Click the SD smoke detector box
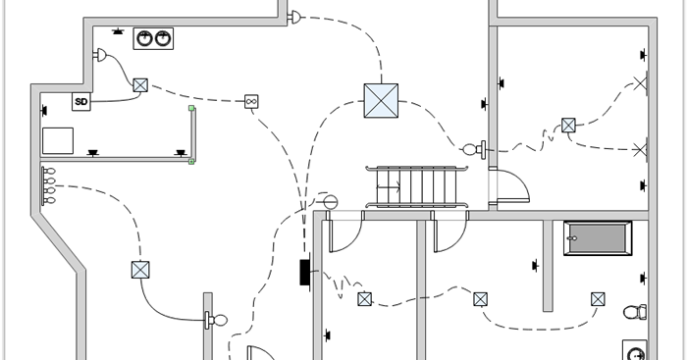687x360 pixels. [x=81, y=101]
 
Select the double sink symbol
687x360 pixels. [x=153, y=39]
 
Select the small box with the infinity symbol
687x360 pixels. [x=250, y=101]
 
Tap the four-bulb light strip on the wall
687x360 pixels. [x=46, y=185]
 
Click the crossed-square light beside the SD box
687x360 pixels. [x=140, y=85]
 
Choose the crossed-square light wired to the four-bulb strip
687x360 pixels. [x=139, y=270]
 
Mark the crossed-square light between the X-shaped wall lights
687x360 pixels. [x=568, y=126]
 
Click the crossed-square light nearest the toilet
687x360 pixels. [x=598, y=299]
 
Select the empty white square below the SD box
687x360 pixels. [x=59, y=139]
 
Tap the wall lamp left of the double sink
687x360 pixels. [x=100, y=56]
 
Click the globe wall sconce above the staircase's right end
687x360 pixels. [x=474, y=149]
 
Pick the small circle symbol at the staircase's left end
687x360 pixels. [x=331, y=201]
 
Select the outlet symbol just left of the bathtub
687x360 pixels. [x=536, y=263]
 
